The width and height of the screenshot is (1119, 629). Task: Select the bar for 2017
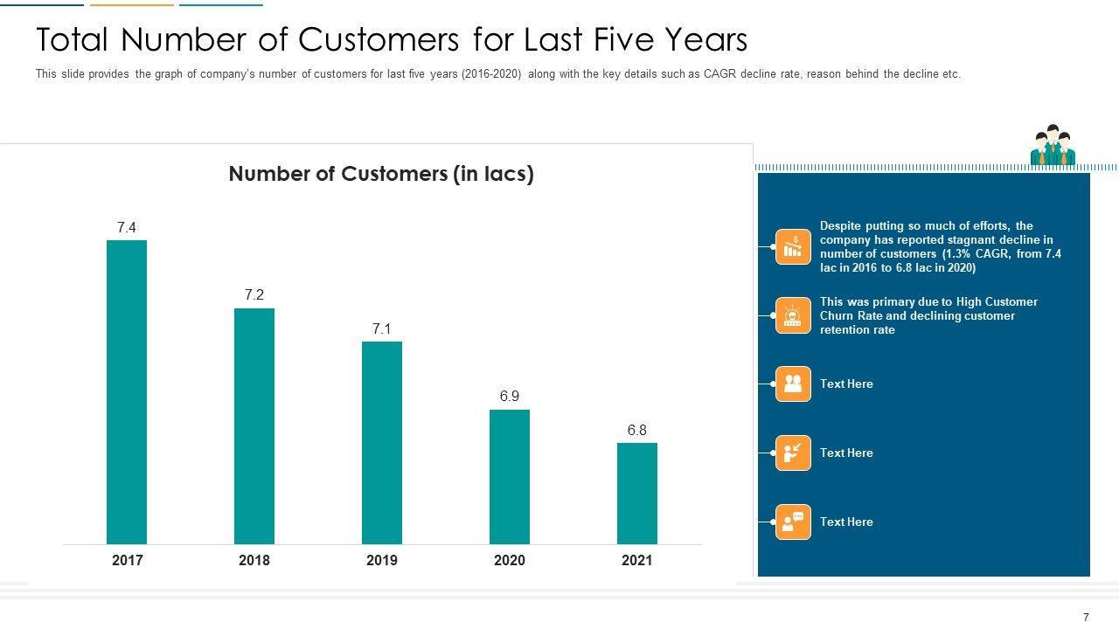coord(127,392)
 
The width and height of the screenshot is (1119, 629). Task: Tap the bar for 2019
coord(382,443)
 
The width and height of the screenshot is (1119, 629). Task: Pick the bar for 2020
coord(510,477)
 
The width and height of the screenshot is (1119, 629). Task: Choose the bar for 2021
coord(637,494)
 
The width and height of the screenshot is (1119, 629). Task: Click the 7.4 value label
coord(127,228)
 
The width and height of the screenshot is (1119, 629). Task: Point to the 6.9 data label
coord(510,397)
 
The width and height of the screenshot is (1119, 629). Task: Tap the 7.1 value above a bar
coord(382,329)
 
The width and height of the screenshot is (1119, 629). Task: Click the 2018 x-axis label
coord(254,561)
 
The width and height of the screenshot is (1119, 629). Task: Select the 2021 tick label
coord(637,561)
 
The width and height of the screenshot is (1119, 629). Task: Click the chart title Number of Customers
coord(381,174)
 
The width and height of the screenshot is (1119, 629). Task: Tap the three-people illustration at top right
coord(1053,146)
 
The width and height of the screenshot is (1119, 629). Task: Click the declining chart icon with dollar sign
coord(793,246)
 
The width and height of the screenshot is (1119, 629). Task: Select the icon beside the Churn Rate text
coord(793,315)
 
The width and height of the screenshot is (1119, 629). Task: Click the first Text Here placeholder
coord(846,384)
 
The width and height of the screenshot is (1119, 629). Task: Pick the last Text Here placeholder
coord(846,522)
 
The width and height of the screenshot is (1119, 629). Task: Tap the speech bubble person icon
coord(793,522)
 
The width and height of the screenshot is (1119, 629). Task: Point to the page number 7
coord(1087,618)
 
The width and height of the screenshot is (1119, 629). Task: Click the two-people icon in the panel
coord(793,384)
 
